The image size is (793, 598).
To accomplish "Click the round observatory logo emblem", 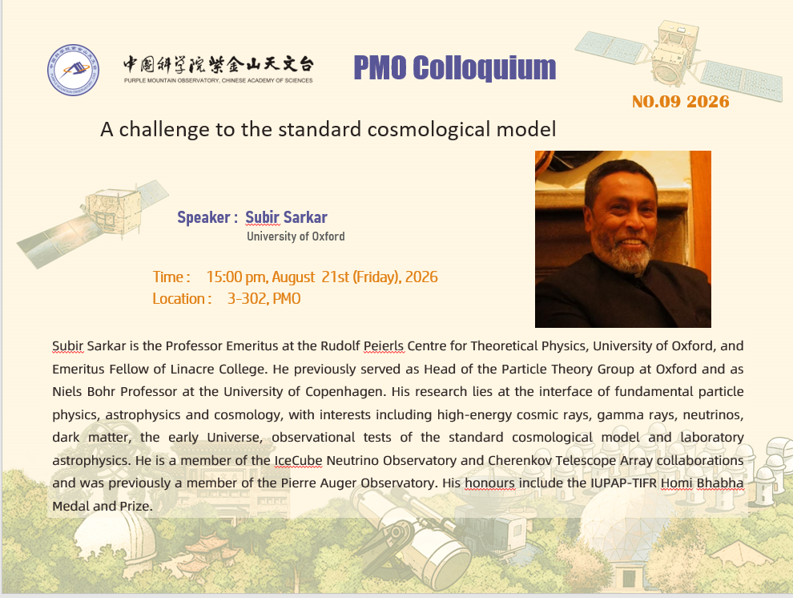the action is (74, 70).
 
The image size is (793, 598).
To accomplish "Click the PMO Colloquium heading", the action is (455, 68).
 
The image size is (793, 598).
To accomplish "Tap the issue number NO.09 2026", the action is (681, 102).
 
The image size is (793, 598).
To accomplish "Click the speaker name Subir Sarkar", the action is (286, 217).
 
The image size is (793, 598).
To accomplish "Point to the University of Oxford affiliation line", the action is (296, 236).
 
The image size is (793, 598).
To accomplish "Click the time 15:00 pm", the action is (236, 277).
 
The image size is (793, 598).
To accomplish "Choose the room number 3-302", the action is (248, 298).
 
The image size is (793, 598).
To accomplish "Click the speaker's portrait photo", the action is (623, 239).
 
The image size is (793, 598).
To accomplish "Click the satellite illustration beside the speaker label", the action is (93, 223).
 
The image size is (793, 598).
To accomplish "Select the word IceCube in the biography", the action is (299, 460).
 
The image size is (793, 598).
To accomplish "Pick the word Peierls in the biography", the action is (384, 346).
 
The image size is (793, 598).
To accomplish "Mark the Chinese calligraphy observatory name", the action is (219, 65).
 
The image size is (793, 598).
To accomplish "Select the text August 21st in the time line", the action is (311, 277).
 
